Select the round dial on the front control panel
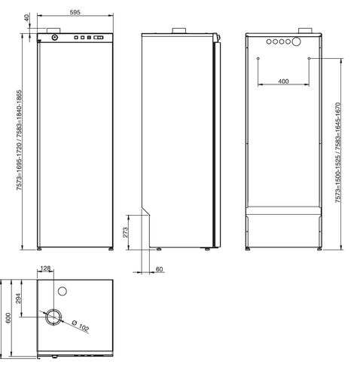coord(53,37)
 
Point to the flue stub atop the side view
coord(180,31)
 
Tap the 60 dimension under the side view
coord(160,268)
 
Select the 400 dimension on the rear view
coord(283,80)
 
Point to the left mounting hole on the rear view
coord(258,58)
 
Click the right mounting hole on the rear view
coord(309,58)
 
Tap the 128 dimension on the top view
coord(46,269)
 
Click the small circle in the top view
coord(63,289)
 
